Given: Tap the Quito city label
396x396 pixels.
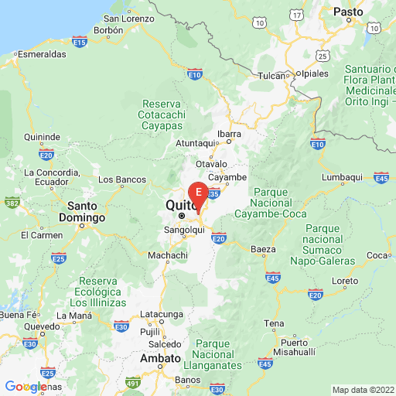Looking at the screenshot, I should click(178, 206).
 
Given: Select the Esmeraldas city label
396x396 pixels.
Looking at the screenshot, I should click(39, 55).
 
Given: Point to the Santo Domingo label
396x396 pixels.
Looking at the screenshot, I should click(86, 212).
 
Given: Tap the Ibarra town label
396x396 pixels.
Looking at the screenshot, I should click(229, 132).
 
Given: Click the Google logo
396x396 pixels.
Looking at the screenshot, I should click(26, 386).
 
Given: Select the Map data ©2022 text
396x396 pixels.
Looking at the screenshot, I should click(363, 389).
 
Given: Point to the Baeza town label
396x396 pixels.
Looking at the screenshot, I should click(264, 249).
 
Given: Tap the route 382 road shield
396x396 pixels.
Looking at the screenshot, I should click(12, 203).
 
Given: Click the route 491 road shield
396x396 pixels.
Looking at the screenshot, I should click(133, 381).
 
